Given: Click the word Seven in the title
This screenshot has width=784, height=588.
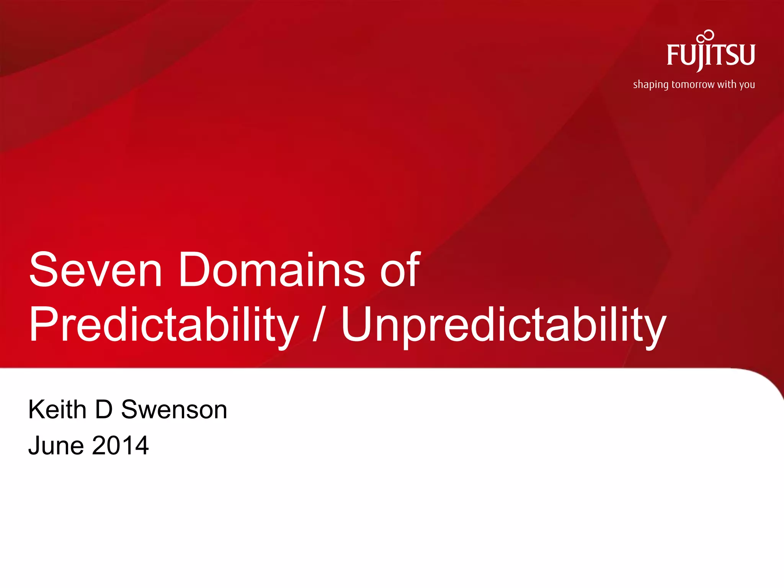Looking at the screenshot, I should (x=96, y=269).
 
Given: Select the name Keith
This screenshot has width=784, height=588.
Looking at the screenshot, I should (x=57, y=410).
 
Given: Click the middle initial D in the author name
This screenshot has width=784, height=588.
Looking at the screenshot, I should (x=104, y=410).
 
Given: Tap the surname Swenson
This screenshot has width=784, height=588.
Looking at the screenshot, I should (x=174, y=410).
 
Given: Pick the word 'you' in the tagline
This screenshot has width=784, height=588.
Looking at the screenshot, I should (x=747, y=85).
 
